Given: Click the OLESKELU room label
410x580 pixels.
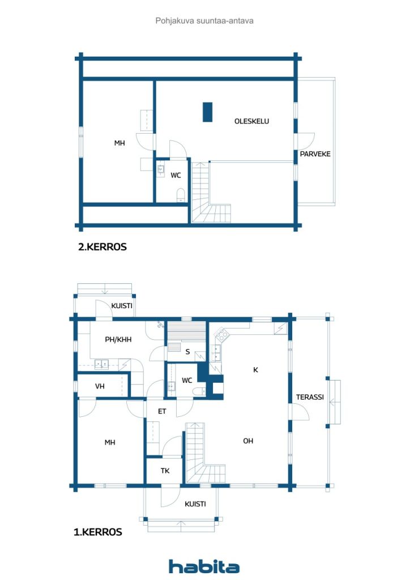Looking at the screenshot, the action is [251, 121].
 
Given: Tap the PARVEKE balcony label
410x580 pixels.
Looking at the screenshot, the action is [315, 154].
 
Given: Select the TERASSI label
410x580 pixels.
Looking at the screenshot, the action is [310, 397].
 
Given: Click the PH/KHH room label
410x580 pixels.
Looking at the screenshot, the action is [118, 339].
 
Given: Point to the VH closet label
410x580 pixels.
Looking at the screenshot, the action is [100, 386].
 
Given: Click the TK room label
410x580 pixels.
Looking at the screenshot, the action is [165, 471].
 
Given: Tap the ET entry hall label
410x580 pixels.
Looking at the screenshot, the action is [162, 411].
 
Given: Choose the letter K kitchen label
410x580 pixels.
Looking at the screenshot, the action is [255, 369].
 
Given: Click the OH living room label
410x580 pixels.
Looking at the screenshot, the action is [248, 441].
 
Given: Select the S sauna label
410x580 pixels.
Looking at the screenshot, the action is [187, 352].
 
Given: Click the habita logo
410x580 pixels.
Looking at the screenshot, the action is [204, 566].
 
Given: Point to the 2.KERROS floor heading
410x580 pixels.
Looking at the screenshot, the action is [103, 247].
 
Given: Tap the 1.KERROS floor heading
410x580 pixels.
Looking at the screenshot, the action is [97, 532].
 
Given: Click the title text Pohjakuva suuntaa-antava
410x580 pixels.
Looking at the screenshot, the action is [204, 21].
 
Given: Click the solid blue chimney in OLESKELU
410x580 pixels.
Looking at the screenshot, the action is [208, 112].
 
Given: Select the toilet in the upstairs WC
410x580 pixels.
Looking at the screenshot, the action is [181, 195].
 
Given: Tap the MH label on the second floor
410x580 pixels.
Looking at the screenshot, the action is [119, 143].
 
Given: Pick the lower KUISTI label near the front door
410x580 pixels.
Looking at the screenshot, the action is [195, 504].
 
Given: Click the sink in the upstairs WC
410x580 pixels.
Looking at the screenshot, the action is [160, 170].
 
